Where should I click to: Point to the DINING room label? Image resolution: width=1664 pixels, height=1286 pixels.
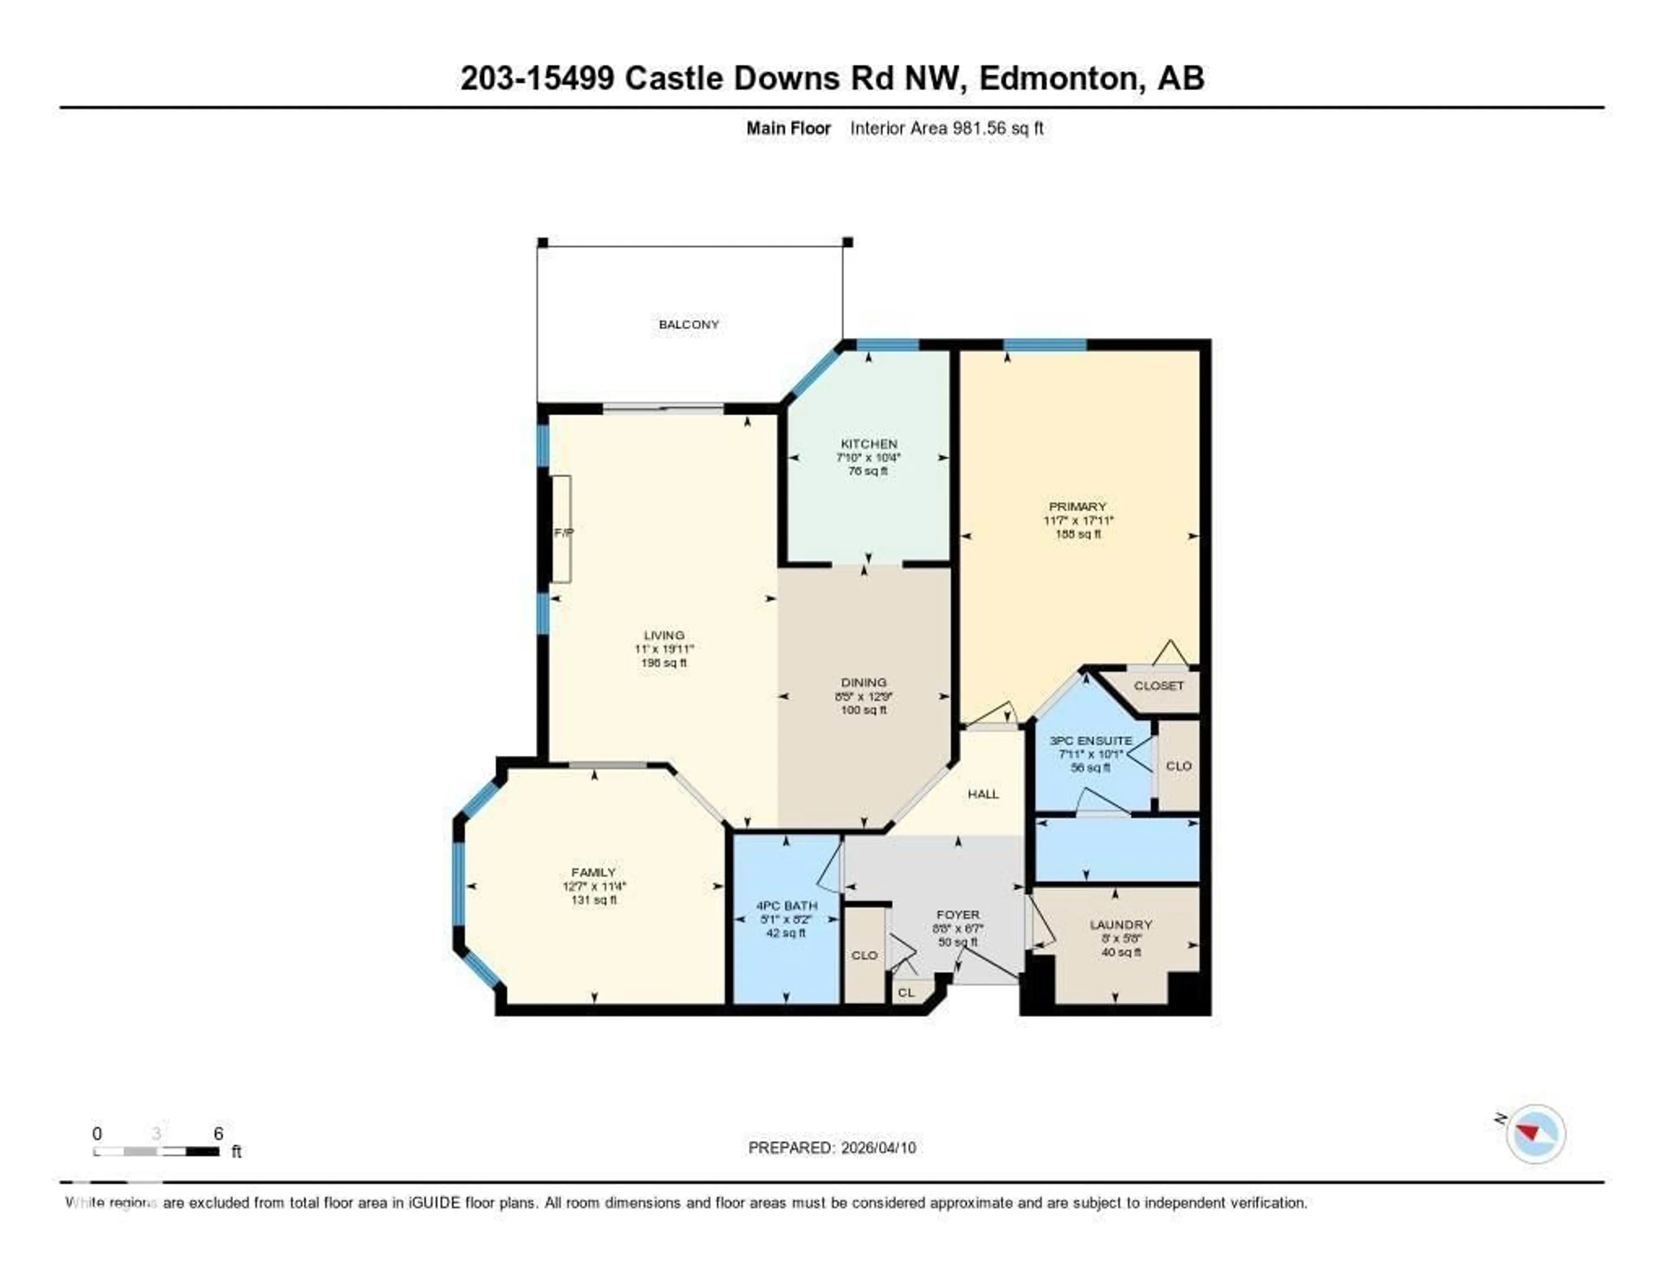tap(863, 682)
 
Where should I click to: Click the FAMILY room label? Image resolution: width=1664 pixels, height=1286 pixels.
tap(594, 872)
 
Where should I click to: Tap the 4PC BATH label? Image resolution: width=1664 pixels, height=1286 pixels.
tap(786, 906)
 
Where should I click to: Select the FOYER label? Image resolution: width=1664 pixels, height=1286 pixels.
tap(958, 914)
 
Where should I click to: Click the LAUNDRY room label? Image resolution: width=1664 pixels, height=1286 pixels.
tap(1120, 925)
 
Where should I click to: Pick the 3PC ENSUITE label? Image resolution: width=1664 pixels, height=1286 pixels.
tap(1090, 740)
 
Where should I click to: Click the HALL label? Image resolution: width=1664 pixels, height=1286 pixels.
tap(983, 793)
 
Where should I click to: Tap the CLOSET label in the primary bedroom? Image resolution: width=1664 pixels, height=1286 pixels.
tap(1158, 685)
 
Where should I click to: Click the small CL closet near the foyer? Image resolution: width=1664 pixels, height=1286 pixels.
tap(906, 992)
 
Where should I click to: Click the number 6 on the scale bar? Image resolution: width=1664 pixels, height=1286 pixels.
tap(219, 1133)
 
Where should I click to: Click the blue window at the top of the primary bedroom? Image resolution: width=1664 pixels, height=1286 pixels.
tap(1045, 345)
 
